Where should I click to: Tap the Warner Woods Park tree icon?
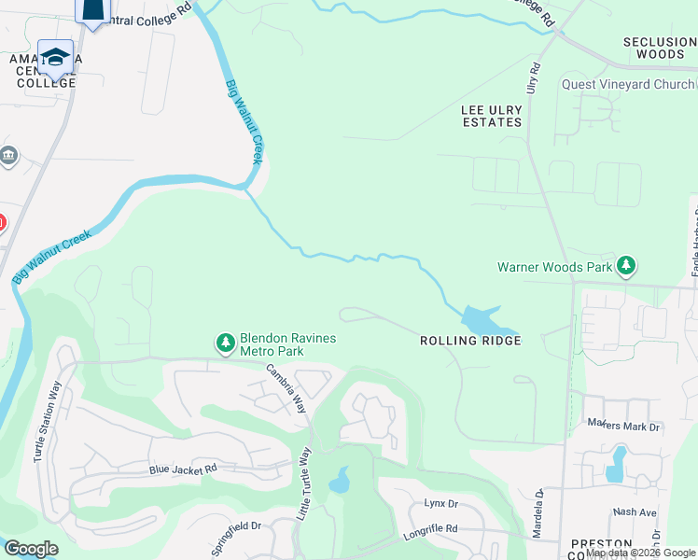(x=626, y=267)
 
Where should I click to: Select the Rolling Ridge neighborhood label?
(x=469, y=341)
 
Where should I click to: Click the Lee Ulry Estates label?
(x=492, y=116)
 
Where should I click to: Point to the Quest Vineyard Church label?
(x=627, y=84)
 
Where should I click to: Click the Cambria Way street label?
(x=286, y=388)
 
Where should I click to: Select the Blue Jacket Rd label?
(x=183, y=469)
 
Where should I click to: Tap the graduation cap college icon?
(x=56, y=56)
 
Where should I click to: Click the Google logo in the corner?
(x=31, y=549)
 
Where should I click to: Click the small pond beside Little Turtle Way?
(x=340, y=482)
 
